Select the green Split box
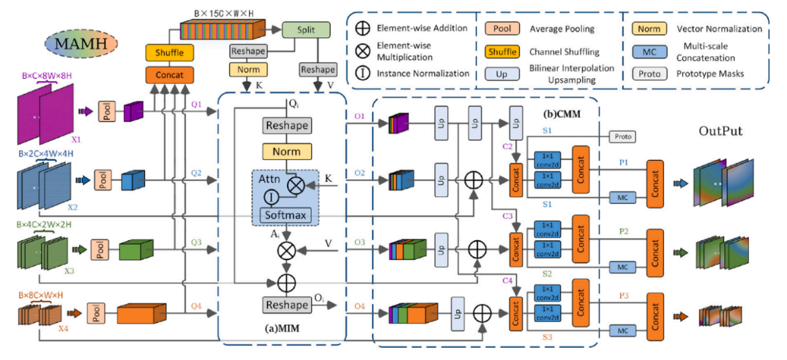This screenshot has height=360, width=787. point(307,29)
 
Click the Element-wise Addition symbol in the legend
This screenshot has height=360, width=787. point(363,28)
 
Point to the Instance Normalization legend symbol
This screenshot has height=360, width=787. point(363,74)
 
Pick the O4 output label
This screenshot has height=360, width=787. point(359,307)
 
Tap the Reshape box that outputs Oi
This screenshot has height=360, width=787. point(287,305)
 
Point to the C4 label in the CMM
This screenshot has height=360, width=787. point(507,280)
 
